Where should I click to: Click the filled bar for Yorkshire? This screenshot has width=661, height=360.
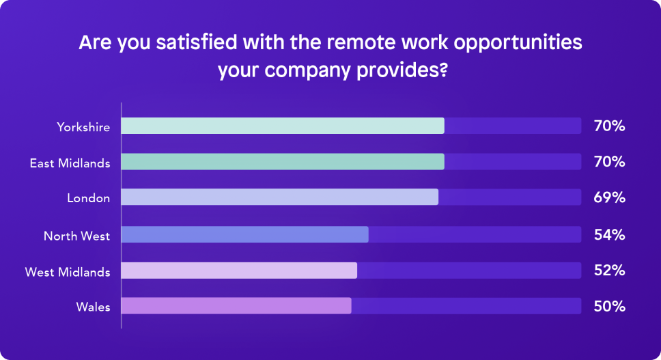pyautogui.click(x=283, y=126)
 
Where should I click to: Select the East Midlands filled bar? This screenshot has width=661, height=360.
pyautogui.click(x=283, y=161)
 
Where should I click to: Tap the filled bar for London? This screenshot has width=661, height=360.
pyautogui.click(x=279, y=197)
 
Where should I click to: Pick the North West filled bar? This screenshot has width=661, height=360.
pyautogui.click(x=244, y=234)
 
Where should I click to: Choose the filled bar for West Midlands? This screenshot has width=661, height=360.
pyautogui.click(x=239, y=271)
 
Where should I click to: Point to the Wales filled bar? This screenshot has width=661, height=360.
pyautogui.click(x=236, y=305)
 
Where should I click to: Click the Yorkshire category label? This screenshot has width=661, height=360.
pyautogui.click(x=83, y=127)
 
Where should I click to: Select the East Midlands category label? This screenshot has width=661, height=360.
pyautogui.click(x=70, y=163)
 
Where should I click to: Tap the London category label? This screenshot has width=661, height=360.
pyautogui.click(x=89, y=197)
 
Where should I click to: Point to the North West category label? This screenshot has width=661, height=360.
pyautogui.click(x=76, y=236)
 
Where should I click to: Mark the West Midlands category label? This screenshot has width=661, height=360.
pyautogui.click(x=68, y=272)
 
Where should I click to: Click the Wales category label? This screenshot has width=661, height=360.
pyautogui.click(x=93, y=307)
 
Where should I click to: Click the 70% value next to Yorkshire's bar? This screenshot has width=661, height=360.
pyautogui.click(x=609, y=126)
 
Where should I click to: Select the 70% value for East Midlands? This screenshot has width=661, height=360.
pyautogui.click(x=609, y=161)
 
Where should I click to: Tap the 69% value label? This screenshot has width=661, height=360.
pyautogui.click(x=609, y=197)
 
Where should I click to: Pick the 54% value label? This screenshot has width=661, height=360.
pyautogui.click(x=609, y=234)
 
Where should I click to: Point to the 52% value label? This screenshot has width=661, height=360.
pyautogui.click(x=609, y=271)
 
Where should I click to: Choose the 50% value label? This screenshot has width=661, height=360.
pyautogui.click(x=609, y=306)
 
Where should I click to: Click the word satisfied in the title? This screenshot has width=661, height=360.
pyautogui.click(x=197, y=42)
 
